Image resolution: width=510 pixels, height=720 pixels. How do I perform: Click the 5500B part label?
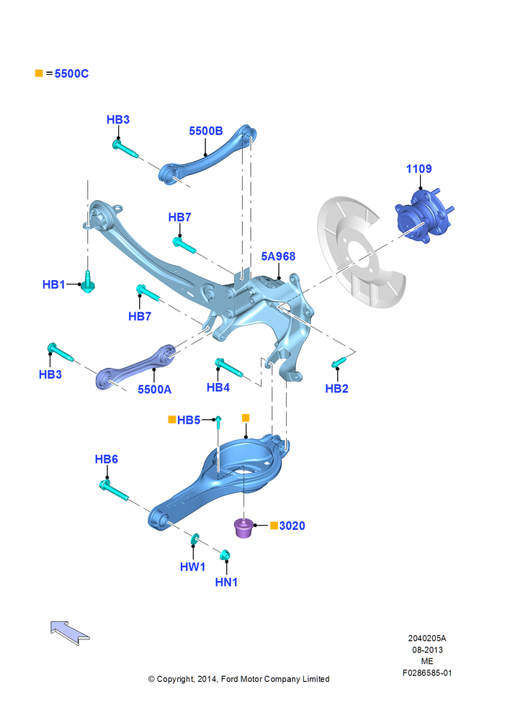[x=206, y=131]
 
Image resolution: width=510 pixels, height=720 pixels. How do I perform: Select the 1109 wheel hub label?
[x=419, y=169]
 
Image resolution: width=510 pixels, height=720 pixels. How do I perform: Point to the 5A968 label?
[x=278, y=256]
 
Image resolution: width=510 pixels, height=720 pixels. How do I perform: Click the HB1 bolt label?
[x=54, y=284]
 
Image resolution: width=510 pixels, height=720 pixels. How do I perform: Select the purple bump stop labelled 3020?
[x=244, y=527]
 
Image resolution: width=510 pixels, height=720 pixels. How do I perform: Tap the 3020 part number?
[x=292, y=526]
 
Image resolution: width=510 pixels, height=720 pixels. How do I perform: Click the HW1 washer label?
[x=192, y=567]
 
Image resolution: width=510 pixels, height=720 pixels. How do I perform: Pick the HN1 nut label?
[x=226, y=582]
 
